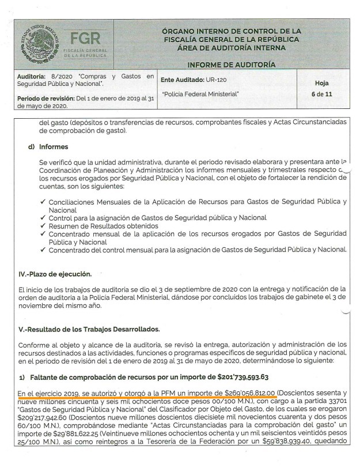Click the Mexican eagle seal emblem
pyautogui.click(x=35, y=43)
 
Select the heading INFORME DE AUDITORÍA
pyautogui.click(x=231, y=64)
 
